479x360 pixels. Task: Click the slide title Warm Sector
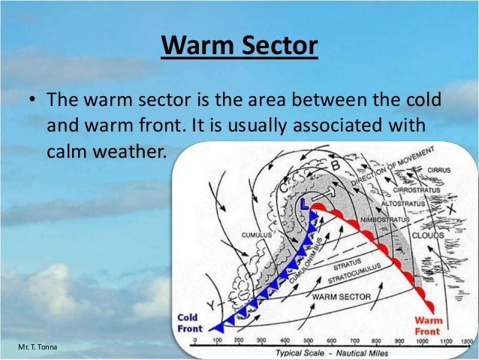pyautogui.click(x=239, y=47)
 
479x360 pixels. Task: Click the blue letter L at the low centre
pyautogui.click(x=305, y=204)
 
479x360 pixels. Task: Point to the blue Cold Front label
pyautogui.click(x=188, y=322)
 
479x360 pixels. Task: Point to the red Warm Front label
pyautogui.click(x=429, y=325)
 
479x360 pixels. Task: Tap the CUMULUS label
pyautogui.click(x=256, y=234)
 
